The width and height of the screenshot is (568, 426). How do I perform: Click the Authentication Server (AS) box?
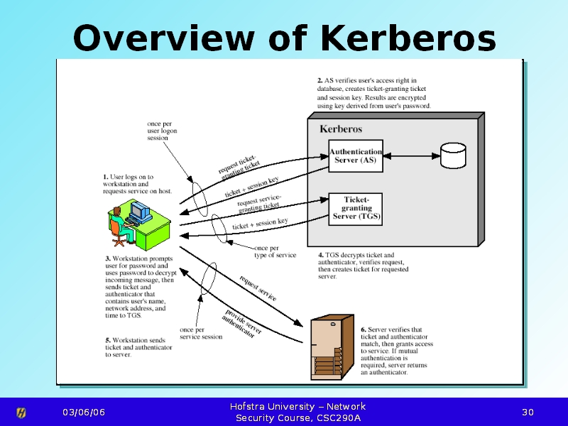(356, 155)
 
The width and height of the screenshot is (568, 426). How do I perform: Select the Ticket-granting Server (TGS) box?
(356, 209)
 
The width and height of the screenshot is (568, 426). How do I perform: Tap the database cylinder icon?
(453, 155)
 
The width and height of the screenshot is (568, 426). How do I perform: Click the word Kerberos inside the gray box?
(341, 129)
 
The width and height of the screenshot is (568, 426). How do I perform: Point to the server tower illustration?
(332, 347)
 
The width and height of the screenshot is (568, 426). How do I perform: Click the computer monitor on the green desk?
(141, 212)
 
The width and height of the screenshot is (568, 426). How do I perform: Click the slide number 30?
(528, 413)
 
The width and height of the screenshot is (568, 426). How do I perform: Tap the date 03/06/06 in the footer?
(84, 413)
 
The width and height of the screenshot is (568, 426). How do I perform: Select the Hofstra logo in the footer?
(21, 413)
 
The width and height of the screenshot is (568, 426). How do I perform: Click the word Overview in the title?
(163, 38)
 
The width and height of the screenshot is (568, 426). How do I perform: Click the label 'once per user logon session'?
(162, 131)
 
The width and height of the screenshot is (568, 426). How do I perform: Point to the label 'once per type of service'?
(275, 251)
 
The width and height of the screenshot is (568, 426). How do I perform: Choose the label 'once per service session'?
(201, 333)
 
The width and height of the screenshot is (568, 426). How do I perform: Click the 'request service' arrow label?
(258, 288)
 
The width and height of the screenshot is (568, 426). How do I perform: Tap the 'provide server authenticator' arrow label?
(241, 324)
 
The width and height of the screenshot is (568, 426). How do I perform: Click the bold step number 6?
(364, 329)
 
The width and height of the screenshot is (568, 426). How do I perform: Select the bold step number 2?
(320, 80)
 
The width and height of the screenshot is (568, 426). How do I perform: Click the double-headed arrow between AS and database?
(412, 156)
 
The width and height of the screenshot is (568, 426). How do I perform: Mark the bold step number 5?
(108, 340)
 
